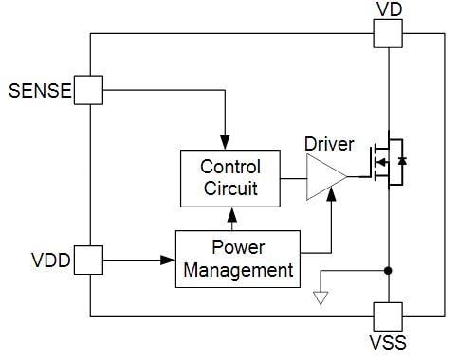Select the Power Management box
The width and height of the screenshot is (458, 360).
pyautogui.click(x=238, y=260)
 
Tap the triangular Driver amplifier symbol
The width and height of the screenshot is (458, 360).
pyautogui.click(x=322, y=177)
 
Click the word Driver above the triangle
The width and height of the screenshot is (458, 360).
pyautogui.click(x=329, y=145)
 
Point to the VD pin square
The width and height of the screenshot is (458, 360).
pyautogui.click(x=388, y=34)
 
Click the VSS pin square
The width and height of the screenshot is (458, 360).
pyautogui.click(x=388, y=315)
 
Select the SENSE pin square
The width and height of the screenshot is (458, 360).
pyautogui.click(x=89, y=90)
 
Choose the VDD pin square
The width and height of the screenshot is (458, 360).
pyautogui.click(x=89, y=259)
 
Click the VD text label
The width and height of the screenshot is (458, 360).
pyautogui.click(x=389, y=9)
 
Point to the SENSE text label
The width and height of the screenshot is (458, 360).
pyautogui.click(x=39, y=91)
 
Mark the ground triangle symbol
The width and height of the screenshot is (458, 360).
pyautogui.click(x=321, y=297)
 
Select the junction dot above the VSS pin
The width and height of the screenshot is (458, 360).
pyautogui.click(x=388, y=271)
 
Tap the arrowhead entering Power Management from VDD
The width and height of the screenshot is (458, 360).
pyautogui.click(x=171, y=259)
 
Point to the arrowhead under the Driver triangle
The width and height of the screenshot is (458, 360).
pyautogui.click(x=330, y=194)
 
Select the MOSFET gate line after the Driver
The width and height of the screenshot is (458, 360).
pyautogui.click(x=357, y=177)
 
